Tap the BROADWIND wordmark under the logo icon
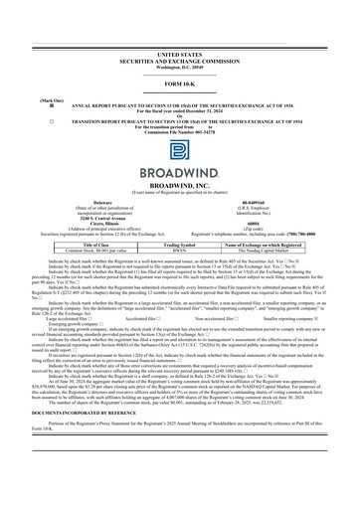click(179, 169)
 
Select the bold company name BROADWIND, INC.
click(179, 184)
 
